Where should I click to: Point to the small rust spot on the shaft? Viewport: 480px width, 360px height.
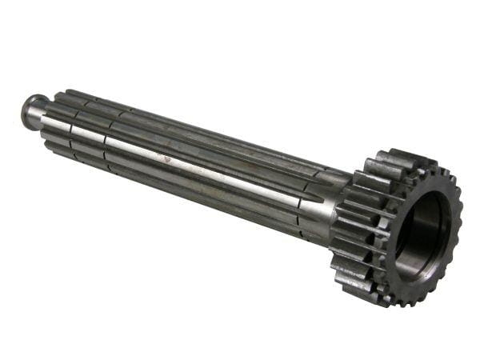coord(167,158)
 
